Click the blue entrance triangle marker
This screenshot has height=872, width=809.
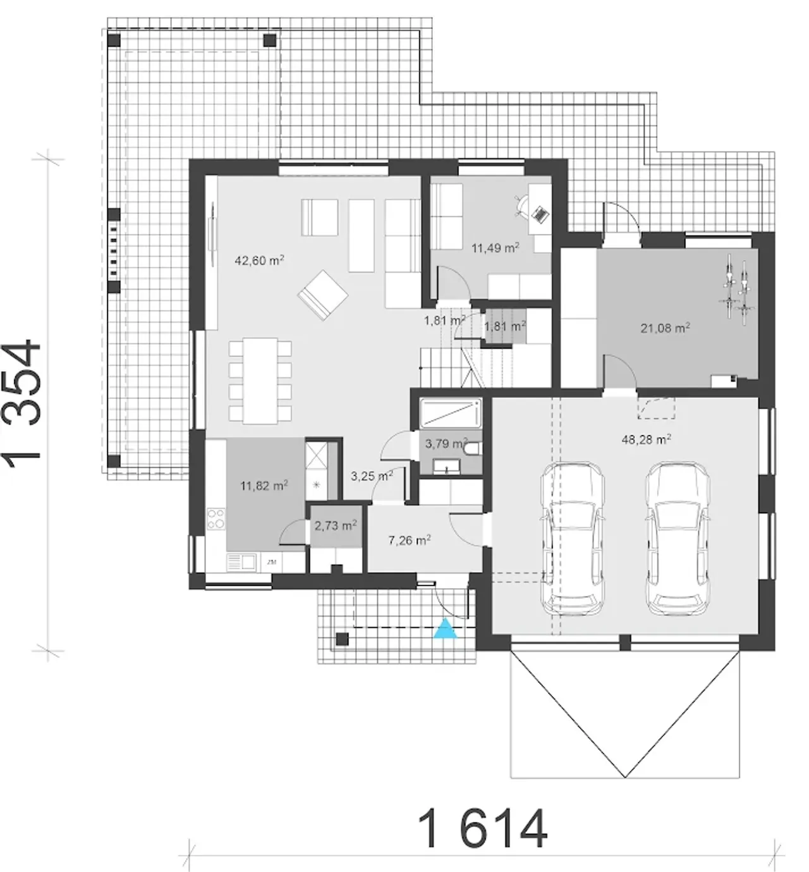pos(445,629)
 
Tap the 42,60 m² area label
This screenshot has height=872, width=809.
pos(259,261)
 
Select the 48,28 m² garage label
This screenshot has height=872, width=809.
pos(646,439)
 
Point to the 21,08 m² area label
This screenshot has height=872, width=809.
pos(666,328)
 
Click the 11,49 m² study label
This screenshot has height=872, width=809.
pos(496,248)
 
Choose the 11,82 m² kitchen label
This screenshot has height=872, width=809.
pos(264,486)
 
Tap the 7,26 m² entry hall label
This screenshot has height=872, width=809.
pos(410,540)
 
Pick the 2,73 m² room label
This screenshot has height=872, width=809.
pos(336,525)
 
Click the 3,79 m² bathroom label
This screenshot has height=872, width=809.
pos(446,443)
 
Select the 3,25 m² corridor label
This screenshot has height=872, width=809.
pos(372,476)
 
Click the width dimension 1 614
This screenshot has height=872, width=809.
pos(482,828)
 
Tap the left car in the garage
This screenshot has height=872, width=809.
pos(573,539)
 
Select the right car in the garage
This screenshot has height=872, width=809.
pos(678,539)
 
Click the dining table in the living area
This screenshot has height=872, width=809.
pos(260,381)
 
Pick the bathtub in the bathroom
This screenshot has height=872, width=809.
pos(451,413)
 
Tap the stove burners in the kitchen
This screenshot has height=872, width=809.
pos(216,519)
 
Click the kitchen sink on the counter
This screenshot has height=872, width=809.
pos(241,562)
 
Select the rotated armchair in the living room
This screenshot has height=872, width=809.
pos(322,295)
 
